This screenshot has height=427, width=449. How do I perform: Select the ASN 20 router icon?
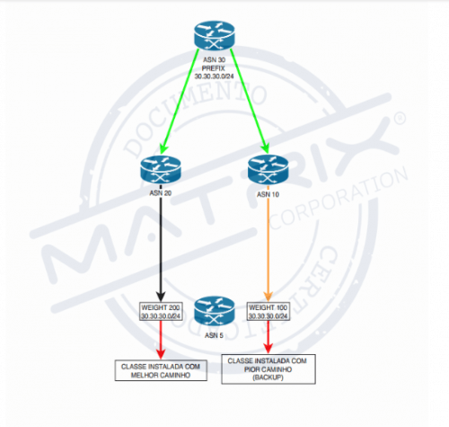click(x=161, y=170)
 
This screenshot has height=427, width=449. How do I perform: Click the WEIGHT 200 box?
click(x=161, y=311)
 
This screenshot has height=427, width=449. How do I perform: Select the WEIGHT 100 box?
click(x=269, y=311)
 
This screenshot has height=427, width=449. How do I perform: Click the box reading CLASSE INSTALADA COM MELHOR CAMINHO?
click(x=161, y=369)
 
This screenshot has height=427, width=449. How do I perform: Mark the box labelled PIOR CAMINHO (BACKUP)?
click(x=269, y=369)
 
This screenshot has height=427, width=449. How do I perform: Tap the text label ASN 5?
click(x=214, y=335)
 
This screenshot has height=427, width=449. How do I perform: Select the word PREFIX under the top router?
click(x=213, y=69)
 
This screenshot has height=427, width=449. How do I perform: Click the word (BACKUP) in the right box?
click(x=269, y=378)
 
